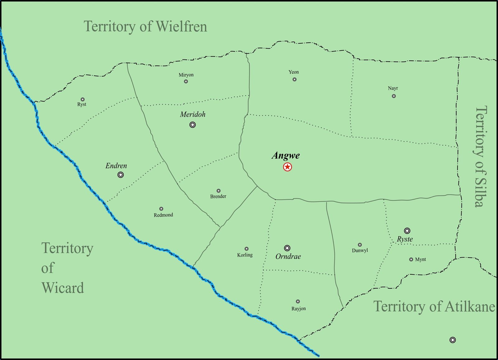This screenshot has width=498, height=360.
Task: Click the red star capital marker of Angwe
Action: [x=287, y=167]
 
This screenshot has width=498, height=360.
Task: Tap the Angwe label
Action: [x=286, y=155]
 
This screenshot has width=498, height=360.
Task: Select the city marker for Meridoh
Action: [x=193, y=125]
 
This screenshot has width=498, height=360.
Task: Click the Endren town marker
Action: [x=120, y=175]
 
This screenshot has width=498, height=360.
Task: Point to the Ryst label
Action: [x=82, y=104]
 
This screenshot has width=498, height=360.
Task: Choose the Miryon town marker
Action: [x=186, y=82]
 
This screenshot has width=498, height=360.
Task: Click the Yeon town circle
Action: [x=294, y=79]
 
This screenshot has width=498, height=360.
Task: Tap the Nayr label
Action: [x=393, y=88]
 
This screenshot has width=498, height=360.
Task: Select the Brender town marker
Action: [x=218, y=191]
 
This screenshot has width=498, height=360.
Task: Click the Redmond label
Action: [x=163, y=215]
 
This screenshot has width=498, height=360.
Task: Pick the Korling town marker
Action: [x=247, y=249]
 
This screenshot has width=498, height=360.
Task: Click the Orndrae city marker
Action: [x=287, y=248]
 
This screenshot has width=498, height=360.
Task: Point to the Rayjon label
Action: [x=298, y=309]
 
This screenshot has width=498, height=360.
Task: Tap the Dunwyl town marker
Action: [x=360, y=245]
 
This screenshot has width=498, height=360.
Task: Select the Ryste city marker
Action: [x=407, y=231]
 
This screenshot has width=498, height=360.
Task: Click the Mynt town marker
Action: [x=411, y=259]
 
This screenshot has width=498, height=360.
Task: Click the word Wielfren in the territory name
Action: [x=181, y=26]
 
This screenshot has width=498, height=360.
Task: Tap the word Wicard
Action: [x=63, y=288]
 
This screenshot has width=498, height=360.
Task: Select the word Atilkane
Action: [x=470, y=307]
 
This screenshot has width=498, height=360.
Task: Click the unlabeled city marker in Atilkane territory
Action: [x=453, y=340]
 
